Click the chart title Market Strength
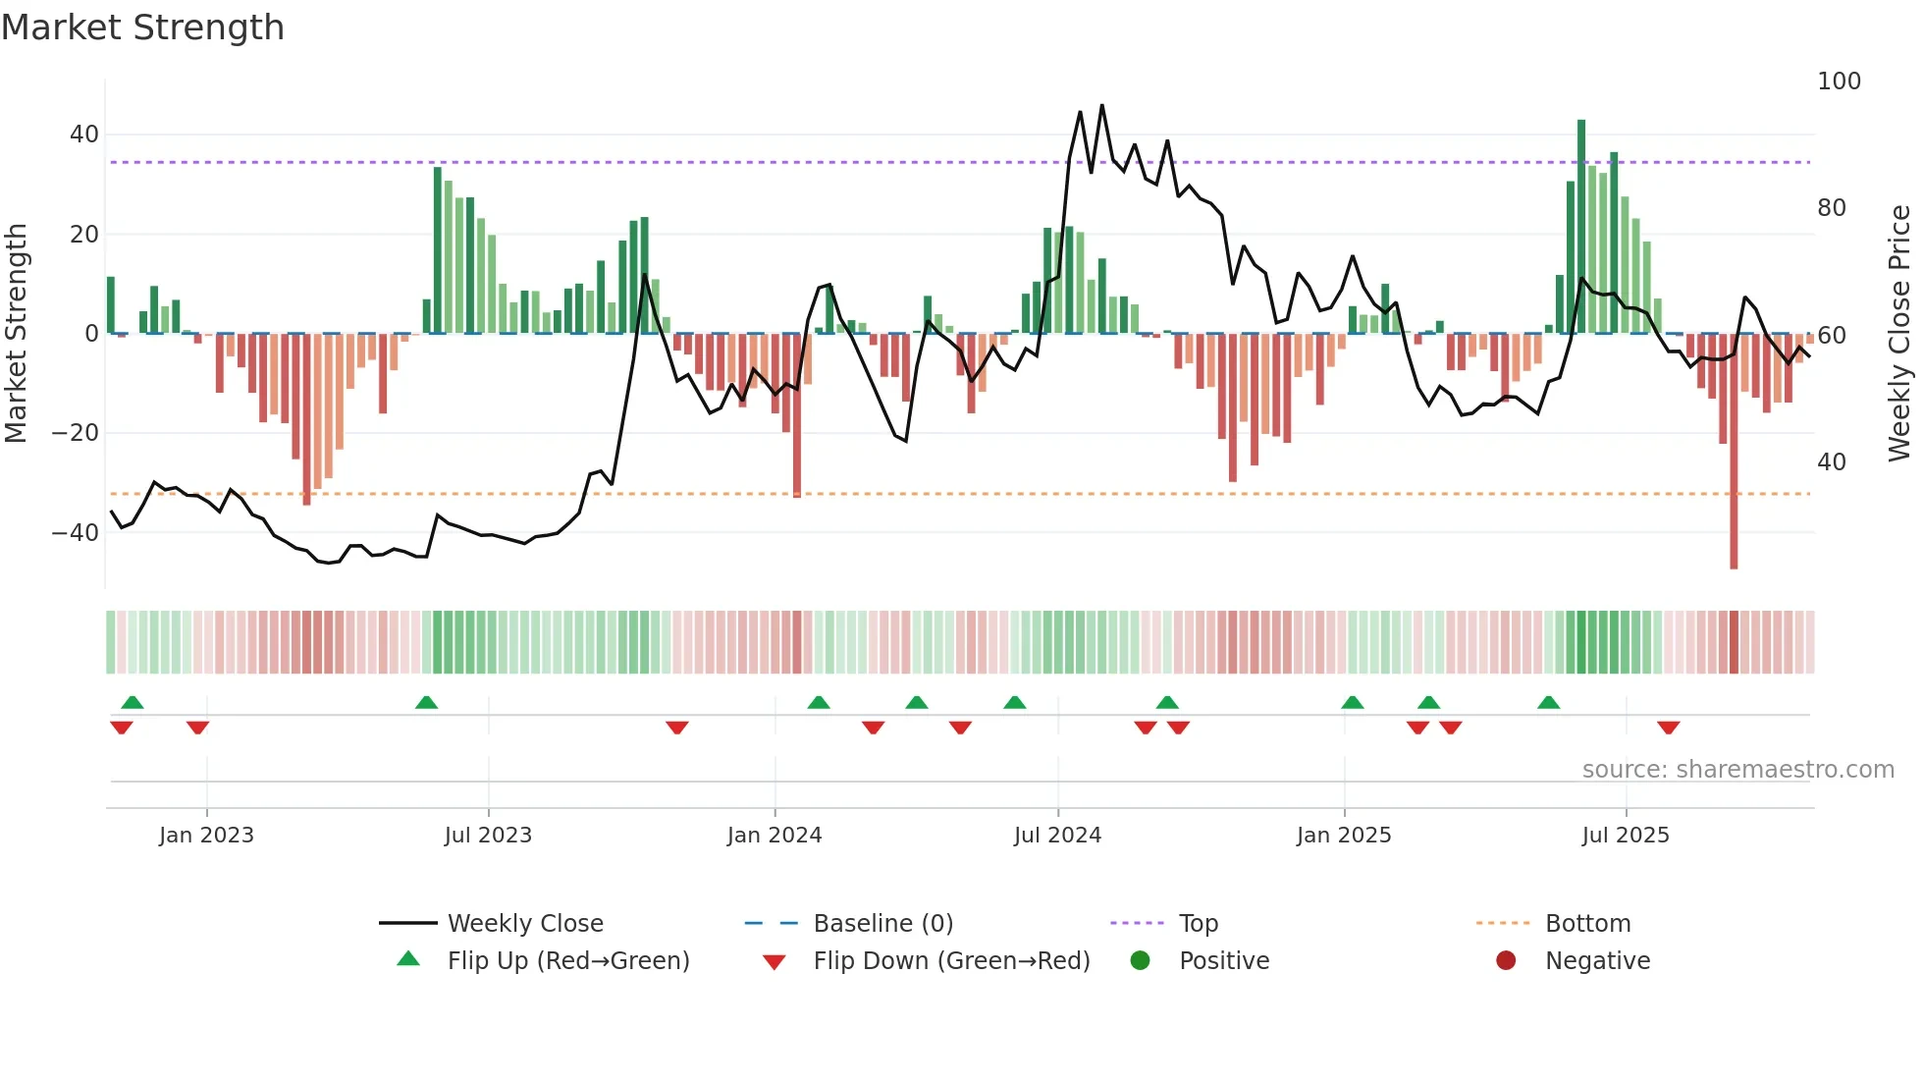click(x=142, y=27)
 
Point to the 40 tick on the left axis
click(x=84, y=135)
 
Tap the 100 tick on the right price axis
click(x=1839, y=81)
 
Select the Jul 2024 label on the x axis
click(x=1057, y=836)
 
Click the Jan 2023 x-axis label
click(x=206, y=836)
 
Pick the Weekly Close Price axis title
click(x=1899, y=334)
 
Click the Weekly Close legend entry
click(x=525, y=924)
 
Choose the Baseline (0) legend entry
click(x=882, y=924)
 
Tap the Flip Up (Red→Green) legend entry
click(x=567, y=961)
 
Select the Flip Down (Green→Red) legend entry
click(x=951, y=961)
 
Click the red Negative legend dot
click(x=1506, y=961)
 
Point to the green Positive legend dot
click(x=1140, y=961)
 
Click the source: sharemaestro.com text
click(x=1737, y=770)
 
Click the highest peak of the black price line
click(x=1101, y=106)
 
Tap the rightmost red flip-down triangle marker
click(x=1668, y=728)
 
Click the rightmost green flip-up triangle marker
click(x=1548, y=703)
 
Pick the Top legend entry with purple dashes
click(x=1198, y=924)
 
